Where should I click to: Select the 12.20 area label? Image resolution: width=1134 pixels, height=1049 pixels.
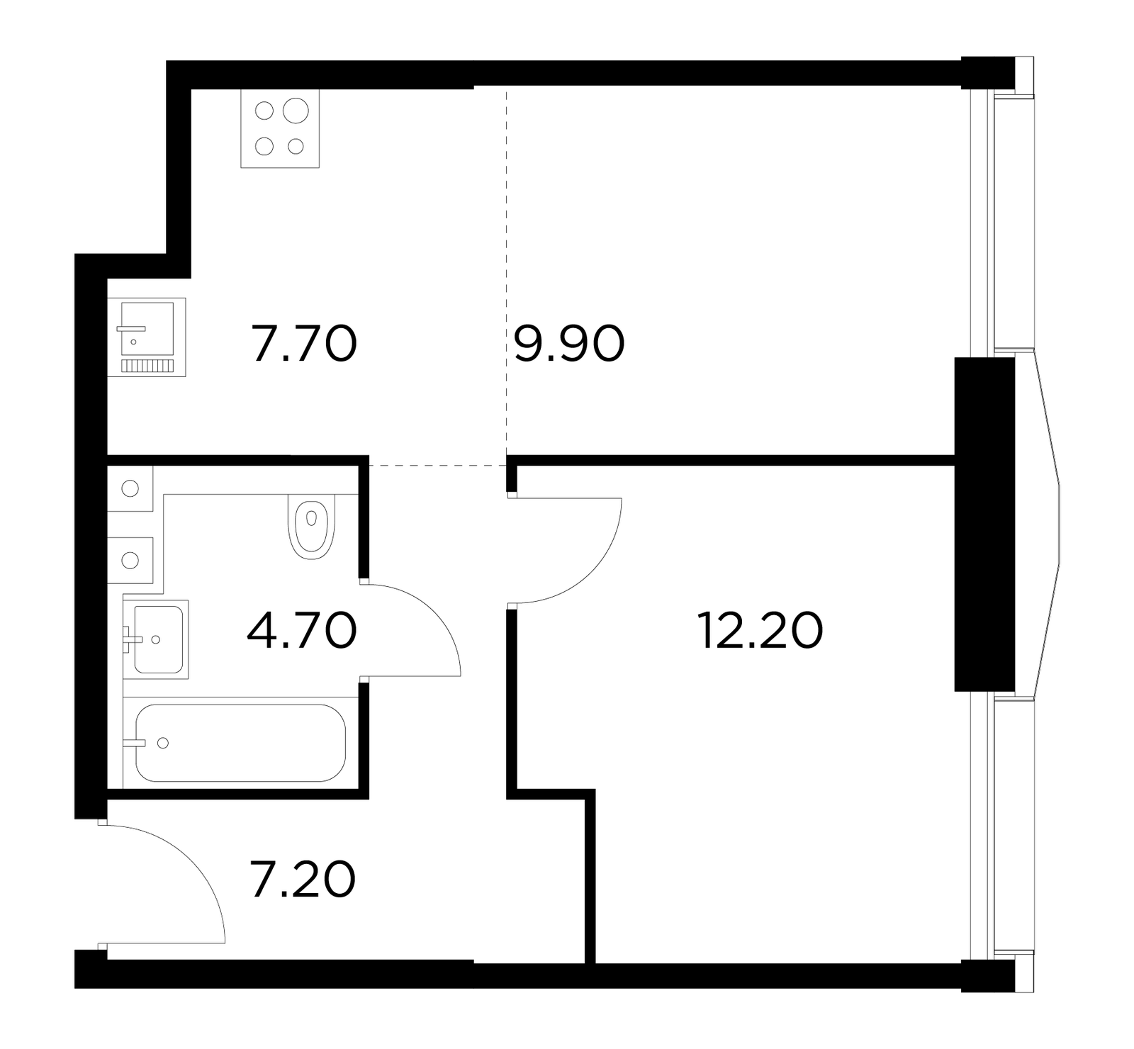point(760,630)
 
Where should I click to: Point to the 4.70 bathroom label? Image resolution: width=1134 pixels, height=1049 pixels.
point(301,630)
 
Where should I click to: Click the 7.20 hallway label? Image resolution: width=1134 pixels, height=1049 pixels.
point(303,879)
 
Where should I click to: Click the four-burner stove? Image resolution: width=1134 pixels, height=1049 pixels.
point(280,129)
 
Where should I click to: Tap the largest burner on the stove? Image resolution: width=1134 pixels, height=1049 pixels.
point(296,111)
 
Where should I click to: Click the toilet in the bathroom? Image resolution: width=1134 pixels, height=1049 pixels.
point(311,525)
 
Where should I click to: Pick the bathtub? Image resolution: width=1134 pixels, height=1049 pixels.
point(240,743)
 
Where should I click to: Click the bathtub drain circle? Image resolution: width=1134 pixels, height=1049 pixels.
point(163,743)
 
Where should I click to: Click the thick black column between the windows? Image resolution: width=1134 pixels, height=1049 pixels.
point(984,524)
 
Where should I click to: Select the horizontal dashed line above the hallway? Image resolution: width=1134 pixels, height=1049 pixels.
point(438,465)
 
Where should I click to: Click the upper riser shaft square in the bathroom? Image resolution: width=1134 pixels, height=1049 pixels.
point(130,488)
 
